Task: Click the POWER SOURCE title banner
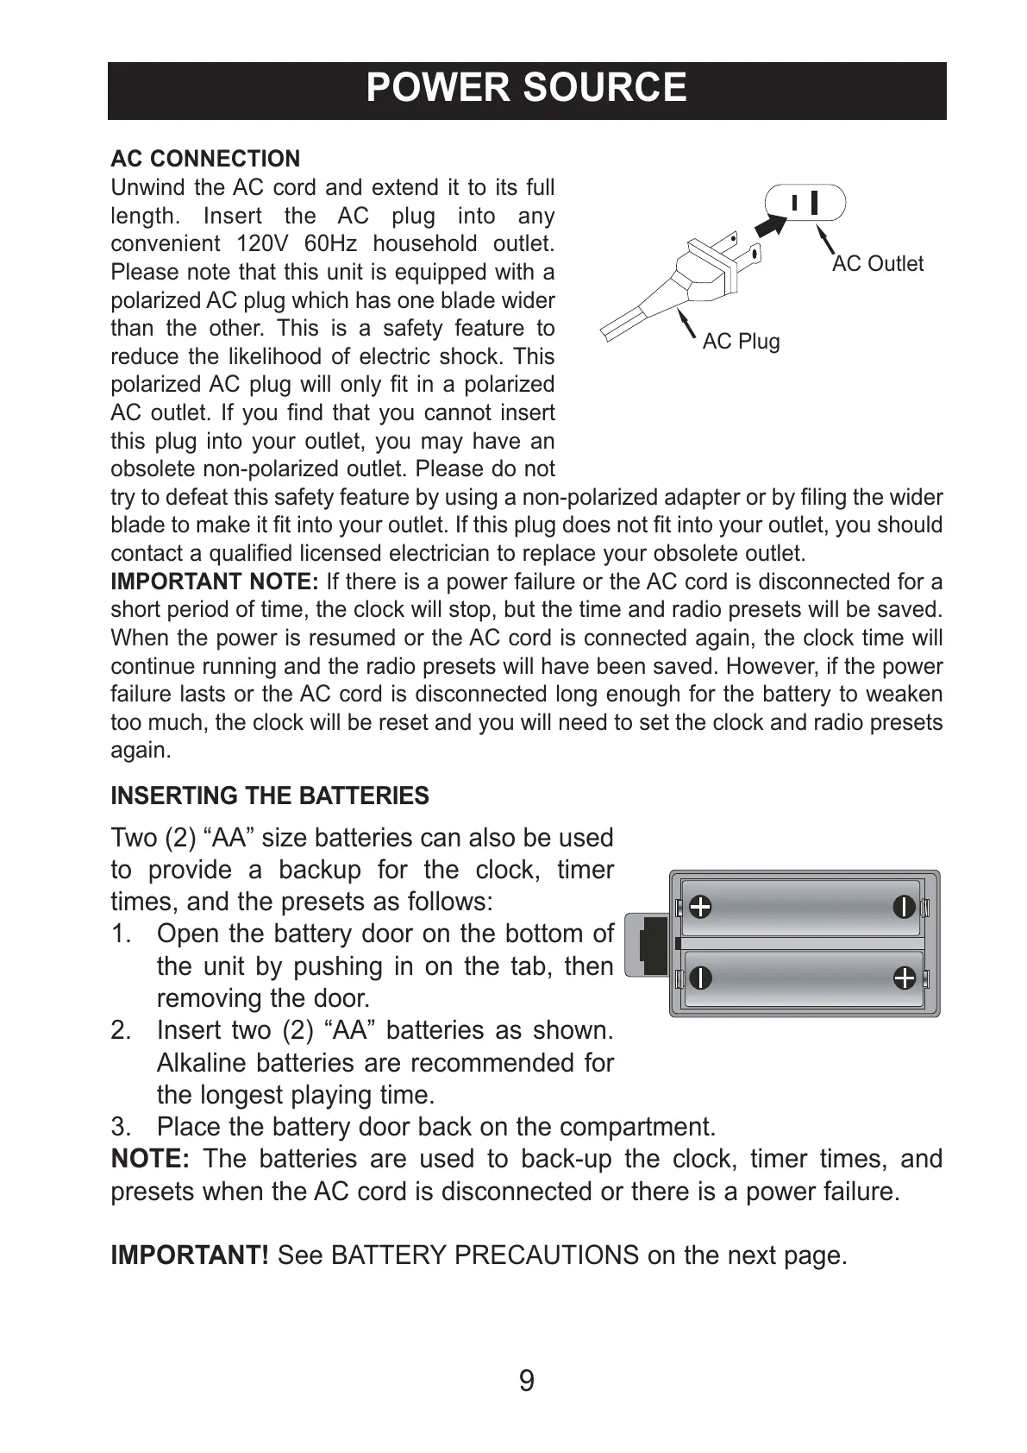click(526, 89)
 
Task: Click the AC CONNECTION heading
click(205, 159)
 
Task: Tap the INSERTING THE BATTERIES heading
click(270, 796)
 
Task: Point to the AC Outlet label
click(877, 264)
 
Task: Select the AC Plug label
click(741, 342)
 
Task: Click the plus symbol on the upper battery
click(700, 907)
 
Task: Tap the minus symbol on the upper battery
click(904, 907)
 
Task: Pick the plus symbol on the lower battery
click(904, 978)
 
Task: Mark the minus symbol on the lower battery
click(700, 978)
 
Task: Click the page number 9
click(526, 1381)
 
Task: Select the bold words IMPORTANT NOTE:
click(215, 582)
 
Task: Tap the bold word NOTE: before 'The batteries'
click(150, 1159)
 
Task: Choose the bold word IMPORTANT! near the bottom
click(190, 1255)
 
